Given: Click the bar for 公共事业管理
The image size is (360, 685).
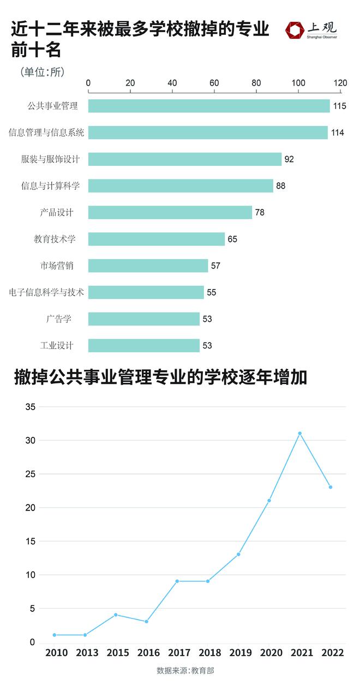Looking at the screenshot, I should pyautogui.click(x=209, y=106).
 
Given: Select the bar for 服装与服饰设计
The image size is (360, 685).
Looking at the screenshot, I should pyautogui.click(x=185, y=159).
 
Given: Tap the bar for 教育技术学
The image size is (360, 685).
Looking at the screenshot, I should pyautogui.click(x=157, y=239).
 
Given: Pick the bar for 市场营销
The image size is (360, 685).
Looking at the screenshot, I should pyautogui.click(x=148, y=266).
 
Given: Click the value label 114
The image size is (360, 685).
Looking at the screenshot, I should pyautogui.click(x=337, y=133).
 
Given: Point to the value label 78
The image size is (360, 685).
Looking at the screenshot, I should pyautogui.click(x=260, y=212).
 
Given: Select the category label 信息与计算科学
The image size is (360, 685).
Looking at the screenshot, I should pyautogui.click(x=50, y=186).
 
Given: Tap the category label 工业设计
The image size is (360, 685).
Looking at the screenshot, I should pyautogui.click(x=57, y=345).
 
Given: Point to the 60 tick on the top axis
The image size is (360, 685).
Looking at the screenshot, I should pyautogui.click(x=214, y=82).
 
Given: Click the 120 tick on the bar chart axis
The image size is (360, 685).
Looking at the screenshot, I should pyautogui.click(x=340, y=82).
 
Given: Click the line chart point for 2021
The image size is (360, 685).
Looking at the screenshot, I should pyautogui.click(x=299, y=434).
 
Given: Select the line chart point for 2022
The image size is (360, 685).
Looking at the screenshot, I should pyautogui.click(x=331, y=487).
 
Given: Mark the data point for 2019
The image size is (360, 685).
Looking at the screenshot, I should pyautogui.click(x=238, y=554).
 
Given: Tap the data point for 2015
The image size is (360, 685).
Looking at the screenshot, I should pyautogui.click(x=116, y=615).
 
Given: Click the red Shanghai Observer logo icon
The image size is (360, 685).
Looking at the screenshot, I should pyautogui.click(x=295, y=31).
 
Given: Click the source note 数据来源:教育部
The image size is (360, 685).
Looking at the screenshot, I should pyautogui.click(x=180, y=670).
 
